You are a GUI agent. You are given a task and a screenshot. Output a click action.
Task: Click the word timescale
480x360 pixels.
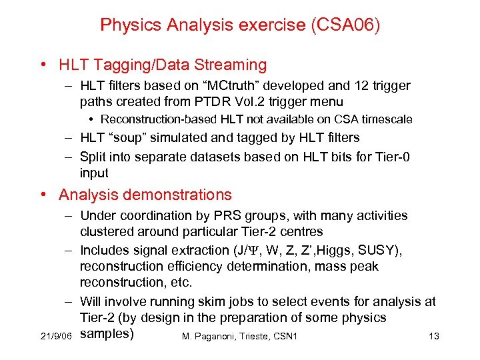pos(387,120)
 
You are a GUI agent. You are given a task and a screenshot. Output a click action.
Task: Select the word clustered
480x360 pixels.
pos(107,232)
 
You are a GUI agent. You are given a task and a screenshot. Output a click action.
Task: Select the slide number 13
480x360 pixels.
pos(433,336)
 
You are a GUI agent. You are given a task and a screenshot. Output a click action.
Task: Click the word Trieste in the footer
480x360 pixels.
pos(251,336)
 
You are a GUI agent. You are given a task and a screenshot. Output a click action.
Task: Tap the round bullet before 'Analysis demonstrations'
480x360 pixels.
pos(43,195)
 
